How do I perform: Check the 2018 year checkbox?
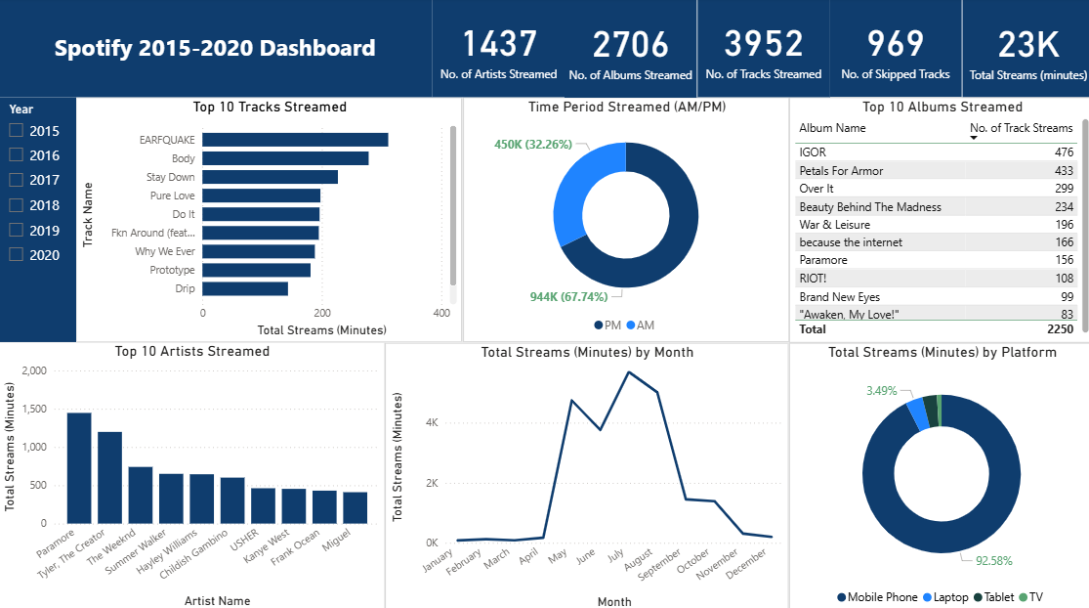[16, 205]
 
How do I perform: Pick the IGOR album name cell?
[813, 152]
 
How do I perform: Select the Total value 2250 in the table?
[1060, 329]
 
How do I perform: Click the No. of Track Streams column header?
[1021, 128]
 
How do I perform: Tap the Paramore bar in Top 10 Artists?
[79, 468]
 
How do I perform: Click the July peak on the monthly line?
[629, 371]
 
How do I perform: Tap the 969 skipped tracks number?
[896, 44]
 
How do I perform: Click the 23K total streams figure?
[1027, 45]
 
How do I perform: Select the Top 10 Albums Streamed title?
[942, 108]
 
